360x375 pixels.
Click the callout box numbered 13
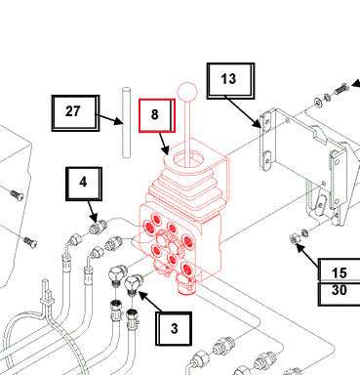[x=230, y=81]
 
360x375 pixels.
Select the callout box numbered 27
[x=75, y=113]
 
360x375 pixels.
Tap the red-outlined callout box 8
[x=157, y=115]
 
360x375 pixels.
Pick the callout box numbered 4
[x=84, y=184]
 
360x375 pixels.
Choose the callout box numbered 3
[x=174, y=329]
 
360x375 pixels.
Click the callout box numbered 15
[x=339, y=271]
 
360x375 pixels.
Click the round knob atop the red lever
[x=187, y=92]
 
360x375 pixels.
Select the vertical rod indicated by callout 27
[x=127, y=123]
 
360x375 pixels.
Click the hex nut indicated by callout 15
[x=294, y=239]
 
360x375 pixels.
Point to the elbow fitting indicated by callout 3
[x=133, y=283]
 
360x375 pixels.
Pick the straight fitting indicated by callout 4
[x=98, y=227]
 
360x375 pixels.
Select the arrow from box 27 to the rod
[x=109, y=119]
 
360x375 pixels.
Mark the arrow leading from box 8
[x=164, y=144]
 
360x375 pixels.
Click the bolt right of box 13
[x=340, y=88]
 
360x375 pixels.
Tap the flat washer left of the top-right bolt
[x=317, y=102]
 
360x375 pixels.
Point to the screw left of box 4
[x=17, y=195]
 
